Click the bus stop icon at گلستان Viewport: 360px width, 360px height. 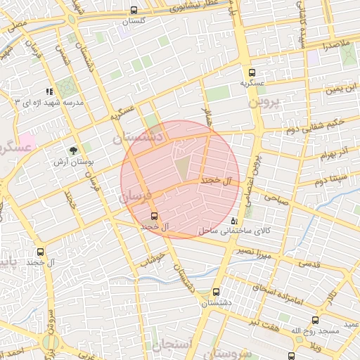[134, 11]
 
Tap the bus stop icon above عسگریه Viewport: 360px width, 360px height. [252, 72]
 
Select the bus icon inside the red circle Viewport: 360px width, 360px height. [155, 216]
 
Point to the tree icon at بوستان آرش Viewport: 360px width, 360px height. [73, 150]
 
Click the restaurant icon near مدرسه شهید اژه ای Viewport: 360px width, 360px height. [49, 91]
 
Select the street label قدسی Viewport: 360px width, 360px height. [310, 264]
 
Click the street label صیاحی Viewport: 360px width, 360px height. [276, 200]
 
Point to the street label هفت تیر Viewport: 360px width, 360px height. [269, 325]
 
